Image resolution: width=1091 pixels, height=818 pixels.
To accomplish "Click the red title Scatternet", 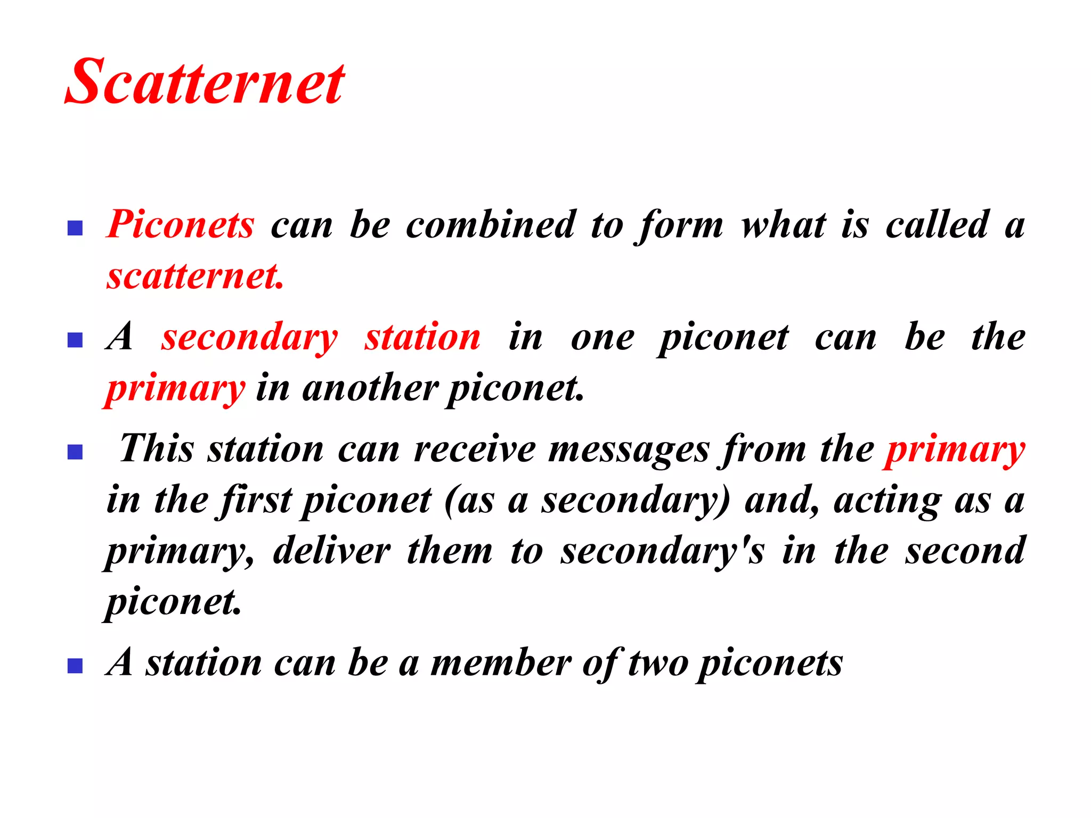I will (205, 82).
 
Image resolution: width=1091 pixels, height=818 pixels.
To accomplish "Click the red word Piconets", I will (181, 224).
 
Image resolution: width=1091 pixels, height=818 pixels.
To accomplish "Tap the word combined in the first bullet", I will (491, 224).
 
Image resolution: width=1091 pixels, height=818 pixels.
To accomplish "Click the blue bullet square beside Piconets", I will (75, 228).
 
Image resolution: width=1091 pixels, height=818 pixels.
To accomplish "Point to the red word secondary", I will (250, 337).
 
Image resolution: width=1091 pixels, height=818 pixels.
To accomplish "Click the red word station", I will (422, 337).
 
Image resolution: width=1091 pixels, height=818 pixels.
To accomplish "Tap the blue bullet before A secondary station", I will (75, 340).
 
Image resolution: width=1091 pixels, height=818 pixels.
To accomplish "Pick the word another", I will (370, 388).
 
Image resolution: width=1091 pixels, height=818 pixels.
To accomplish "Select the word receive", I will (475, 449).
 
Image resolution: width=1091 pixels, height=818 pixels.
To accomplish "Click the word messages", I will (629, 449).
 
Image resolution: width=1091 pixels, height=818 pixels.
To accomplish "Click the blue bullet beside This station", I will (75, 452).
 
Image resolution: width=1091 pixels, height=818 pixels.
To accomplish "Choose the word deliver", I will (331, 551).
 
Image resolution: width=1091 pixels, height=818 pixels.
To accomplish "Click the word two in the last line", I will (658, 664).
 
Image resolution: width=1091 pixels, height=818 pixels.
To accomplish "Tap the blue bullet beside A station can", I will (75, 666).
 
